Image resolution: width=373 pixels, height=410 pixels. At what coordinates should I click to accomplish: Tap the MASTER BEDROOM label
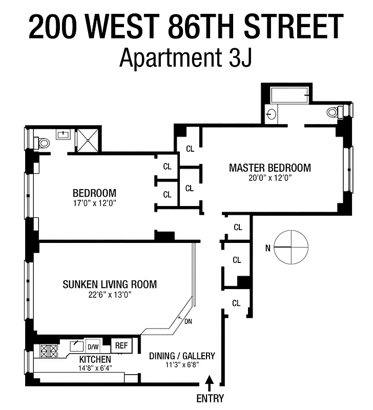pos(270,168)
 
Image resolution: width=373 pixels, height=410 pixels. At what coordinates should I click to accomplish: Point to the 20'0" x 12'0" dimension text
pos(270,178)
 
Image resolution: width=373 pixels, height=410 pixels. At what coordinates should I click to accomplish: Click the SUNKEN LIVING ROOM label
pos(110,284)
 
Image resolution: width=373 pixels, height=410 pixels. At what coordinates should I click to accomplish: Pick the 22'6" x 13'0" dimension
pos(109,295)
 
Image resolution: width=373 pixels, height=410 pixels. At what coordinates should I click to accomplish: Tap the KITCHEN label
pos(95,359)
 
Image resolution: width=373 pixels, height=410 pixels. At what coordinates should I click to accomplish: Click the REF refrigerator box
pos(121,345)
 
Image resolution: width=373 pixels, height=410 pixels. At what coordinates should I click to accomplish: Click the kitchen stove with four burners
pos(49,351)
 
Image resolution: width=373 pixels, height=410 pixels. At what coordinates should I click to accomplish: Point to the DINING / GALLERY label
pos(182,356)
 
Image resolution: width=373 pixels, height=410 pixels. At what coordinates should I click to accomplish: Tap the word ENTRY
pos(210,399)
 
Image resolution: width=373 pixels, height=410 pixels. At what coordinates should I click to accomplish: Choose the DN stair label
pos(188,321)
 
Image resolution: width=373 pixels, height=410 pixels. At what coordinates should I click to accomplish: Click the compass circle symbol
pos(291,247)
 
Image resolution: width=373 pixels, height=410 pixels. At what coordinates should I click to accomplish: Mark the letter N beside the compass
pos(267,249)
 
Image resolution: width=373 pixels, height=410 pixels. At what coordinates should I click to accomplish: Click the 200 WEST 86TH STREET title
pos(186,27)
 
